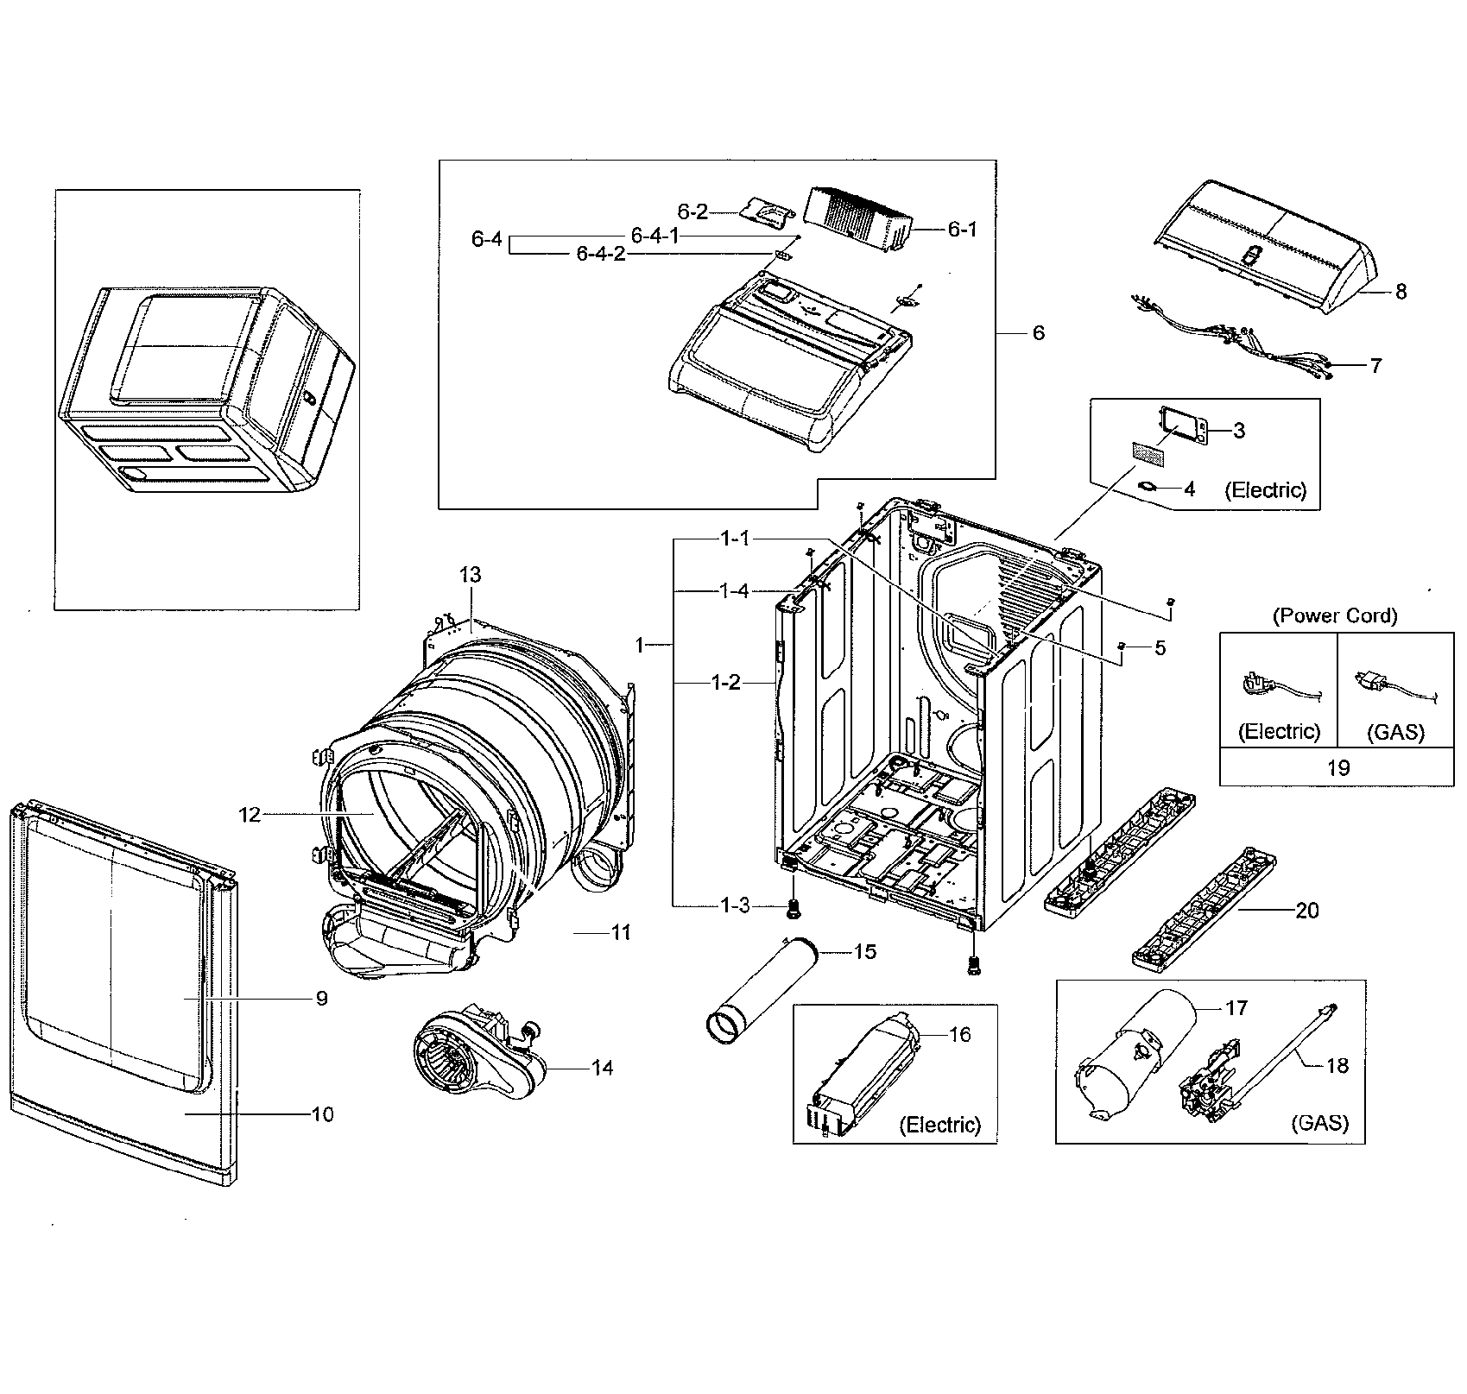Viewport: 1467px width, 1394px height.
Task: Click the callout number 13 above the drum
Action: [x=471, y=575]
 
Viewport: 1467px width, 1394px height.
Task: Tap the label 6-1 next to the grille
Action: [x=962, y=230]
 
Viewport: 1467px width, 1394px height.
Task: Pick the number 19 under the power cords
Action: [x=1337, y=767]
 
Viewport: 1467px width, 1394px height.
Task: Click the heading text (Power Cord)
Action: [x=1335, y=615]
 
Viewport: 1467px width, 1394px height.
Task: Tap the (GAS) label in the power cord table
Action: [x=1396, y=732]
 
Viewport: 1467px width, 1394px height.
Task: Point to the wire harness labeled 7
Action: [x=1235, y=337]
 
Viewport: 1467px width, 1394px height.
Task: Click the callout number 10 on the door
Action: [x=322, y=1114]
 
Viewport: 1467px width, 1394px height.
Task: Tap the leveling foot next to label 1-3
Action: [x=791, y=907]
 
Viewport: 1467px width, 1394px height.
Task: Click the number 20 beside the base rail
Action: [x=1307, y=911]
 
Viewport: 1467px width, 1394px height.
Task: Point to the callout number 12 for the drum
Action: [x=250, y=814]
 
